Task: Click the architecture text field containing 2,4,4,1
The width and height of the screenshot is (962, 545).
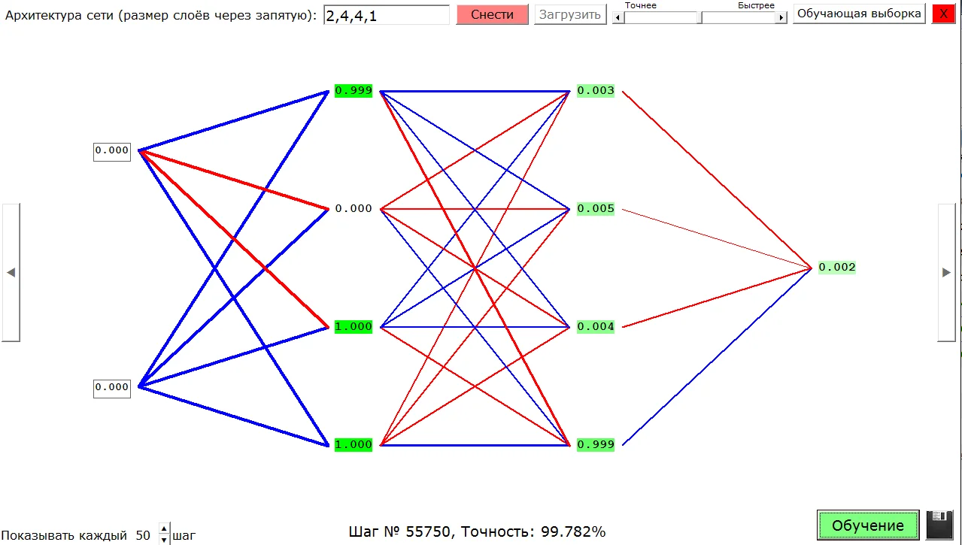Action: pos(386,14)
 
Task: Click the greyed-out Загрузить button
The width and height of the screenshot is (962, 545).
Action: pos(570,14)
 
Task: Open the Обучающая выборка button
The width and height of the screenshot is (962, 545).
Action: pos(859,14)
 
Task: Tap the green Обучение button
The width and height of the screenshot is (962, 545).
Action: pos(868,525)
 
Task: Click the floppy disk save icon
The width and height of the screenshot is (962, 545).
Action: pos(940,525)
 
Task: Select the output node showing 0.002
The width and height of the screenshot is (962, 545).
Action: pos(836,268)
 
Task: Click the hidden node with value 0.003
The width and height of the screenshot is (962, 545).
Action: pos(596,91)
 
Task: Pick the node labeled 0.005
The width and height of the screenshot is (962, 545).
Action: pos(596,209)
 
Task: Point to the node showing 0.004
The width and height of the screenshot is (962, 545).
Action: pos(596,327)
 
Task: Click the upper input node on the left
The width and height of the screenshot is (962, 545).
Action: pos(112,150)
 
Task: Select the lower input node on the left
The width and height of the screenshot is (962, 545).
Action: pos(112,387)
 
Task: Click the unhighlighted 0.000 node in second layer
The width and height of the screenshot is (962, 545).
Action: pos(354,209)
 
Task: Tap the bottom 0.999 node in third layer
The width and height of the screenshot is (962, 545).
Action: pos(596,445)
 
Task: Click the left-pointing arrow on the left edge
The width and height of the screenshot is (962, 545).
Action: pos(11,272)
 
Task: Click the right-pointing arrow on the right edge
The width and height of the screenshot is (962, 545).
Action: pos(946,272)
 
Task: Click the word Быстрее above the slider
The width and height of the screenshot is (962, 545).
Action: pos(755,5)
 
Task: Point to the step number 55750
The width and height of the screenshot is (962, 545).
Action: pos(429,532)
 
